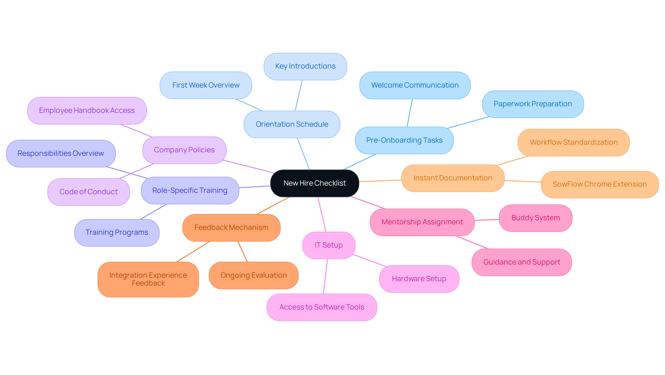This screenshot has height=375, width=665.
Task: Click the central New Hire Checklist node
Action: tap(314, 183)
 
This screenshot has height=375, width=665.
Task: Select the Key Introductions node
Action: tap(305, 66)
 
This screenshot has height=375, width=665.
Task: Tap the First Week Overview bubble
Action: tap(206, 85)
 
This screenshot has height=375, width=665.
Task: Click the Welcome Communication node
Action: tap(415, 85)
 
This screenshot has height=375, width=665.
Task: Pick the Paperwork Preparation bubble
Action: tap(532, 104)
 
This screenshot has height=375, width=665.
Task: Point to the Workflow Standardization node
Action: tap(573, 142)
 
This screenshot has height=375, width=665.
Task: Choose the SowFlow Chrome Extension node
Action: tap(599, 184)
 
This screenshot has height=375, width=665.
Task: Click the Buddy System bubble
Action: tap(535, 218)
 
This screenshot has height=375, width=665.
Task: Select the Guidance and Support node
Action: tap(521, 262)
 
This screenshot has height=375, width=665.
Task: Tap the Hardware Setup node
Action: tap(419, 279)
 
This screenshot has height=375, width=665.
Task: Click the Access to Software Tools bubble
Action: tap(321, 307)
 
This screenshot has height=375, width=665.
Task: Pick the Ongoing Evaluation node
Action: tap(254, 275)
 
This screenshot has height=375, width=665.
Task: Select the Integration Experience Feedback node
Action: tap(148, 279)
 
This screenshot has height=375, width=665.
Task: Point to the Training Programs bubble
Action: tap(117, 232)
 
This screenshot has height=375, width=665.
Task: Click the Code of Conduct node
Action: tap(88, 192)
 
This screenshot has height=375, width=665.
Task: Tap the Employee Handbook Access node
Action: tap(87, 110)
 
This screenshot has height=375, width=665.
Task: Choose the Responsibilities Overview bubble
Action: tap(61, 153)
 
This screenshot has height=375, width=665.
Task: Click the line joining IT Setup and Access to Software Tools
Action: tap(326, 276)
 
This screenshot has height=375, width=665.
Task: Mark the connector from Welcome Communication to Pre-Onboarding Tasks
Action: tap(410, 113)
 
